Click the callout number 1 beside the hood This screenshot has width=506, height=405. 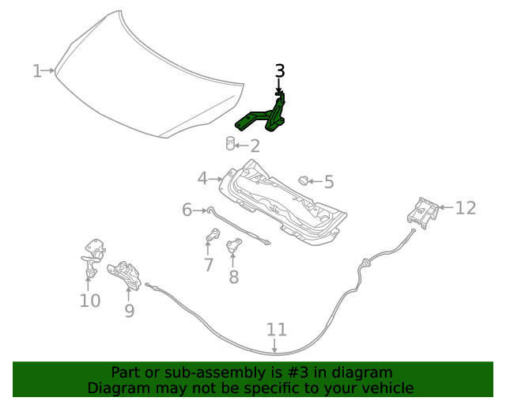pyautogui.click(x=36, y=71)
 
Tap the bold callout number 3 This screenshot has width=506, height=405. pyautogui.click(x=280, y=71)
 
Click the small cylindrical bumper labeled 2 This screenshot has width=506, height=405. pyautogui.click(x=231, y=143)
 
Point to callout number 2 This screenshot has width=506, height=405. pyautogui.click(x=254, y=146)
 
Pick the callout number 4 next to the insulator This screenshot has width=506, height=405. pyautogui.click(x=202, y=179)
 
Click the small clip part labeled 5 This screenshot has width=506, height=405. pyautogui.click(x=302, y=181)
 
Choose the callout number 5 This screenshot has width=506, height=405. pyautogui.click(x=329, y=182)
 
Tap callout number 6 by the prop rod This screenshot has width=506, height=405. pyautogui.click(x=187, y=210)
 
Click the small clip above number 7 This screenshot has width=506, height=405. pyautogui.click(x=213, y=235)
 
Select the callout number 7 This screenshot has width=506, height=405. pyautogui.click(x=208, y=265)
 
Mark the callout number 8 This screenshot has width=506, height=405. pyautogui.click(x=233, y=277)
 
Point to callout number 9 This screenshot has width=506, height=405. pyautogui.click(x=130, y=311)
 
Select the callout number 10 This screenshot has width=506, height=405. pyautogui.click(x=89, y=301)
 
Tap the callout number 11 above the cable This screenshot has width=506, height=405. pyautogui.click(x=276, y=330)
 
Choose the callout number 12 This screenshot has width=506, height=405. pyautogui.click(x=466, y=208)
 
